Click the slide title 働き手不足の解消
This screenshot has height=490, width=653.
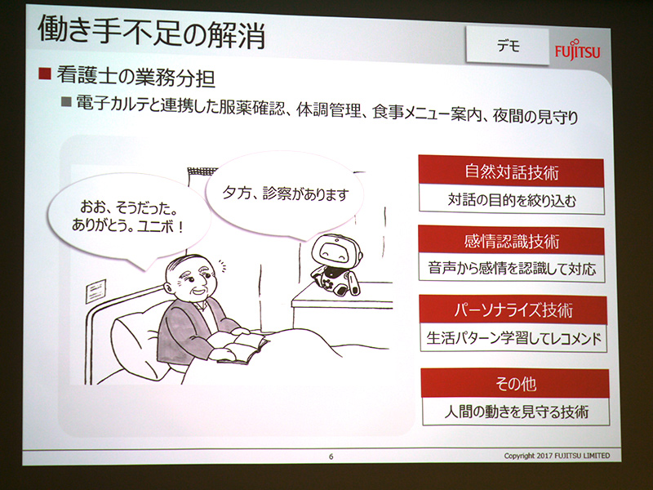[151, 36]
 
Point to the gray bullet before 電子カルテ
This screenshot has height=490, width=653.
[67, 105]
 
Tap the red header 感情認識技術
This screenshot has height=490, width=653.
[511, 241]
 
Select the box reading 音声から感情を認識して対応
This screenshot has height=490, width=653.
[512, 267]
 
